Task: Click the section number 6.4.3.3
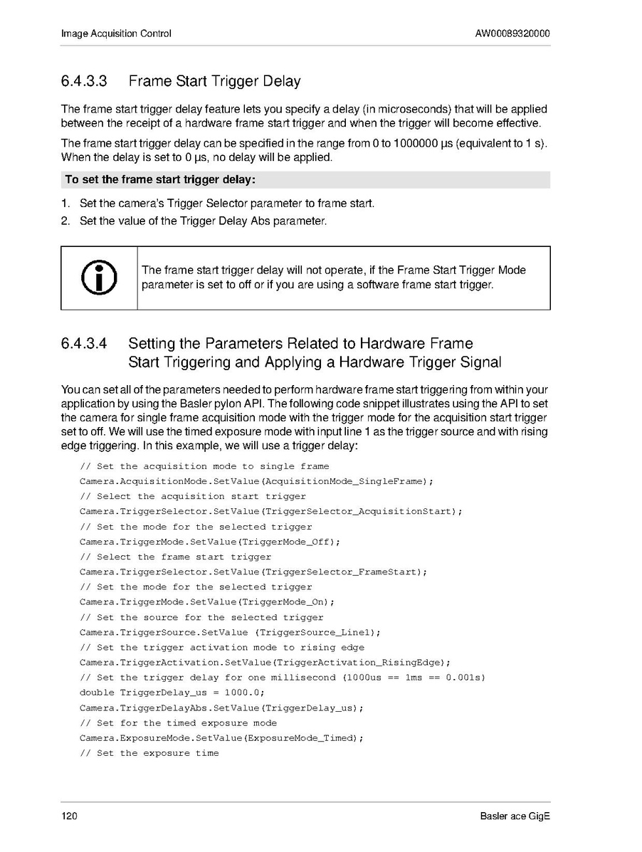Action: click(84, 81)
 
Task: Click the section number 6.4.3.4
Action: click(84, 344)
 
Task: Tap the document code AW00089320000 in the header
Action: click(512, 33)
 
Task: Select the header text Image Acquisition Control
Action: click(116, 33)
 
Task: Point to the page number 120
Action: click(69, 816)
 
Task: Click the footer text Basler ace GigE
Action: click(515, 816)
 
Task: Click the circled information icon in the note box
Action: click(99, 278)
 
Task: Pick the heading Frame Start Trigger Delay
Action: click(214, 81)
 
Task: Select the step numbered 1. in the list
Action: click(65, 204)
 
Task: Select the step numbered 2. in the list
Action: click(65, 221)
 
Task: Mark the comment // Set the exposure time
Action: click(149, 753)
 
